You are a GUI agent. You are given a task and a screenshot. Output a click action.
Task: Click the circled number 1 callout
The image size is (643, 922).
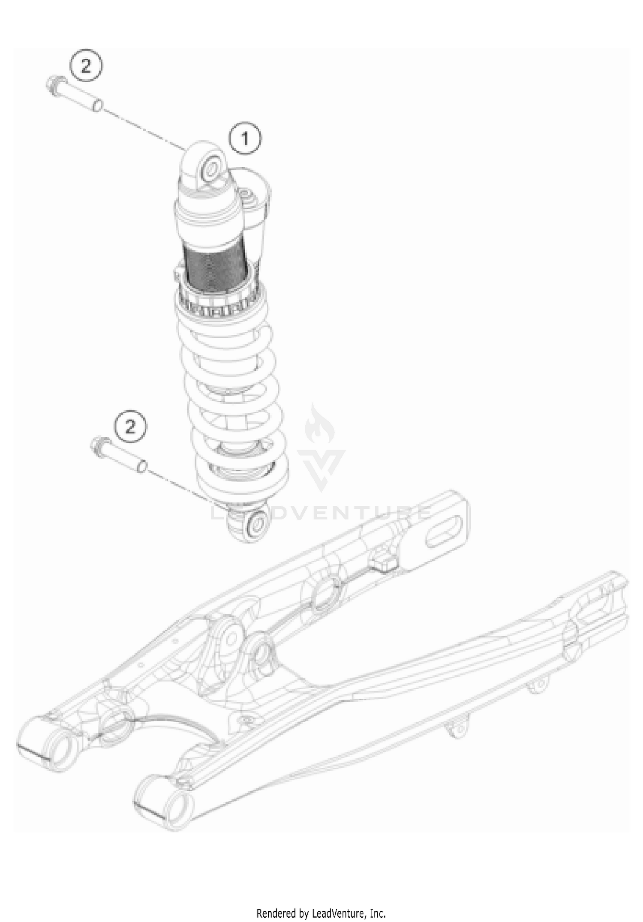(x=245, y=139)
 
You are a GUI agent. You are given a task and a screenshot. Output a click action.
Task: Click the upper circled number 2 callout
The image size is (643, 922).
(x=86, y=66)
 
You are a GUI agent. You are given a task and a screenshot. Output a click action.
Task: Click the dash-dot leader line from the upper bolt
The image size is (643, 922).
(x=141, y=126)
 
